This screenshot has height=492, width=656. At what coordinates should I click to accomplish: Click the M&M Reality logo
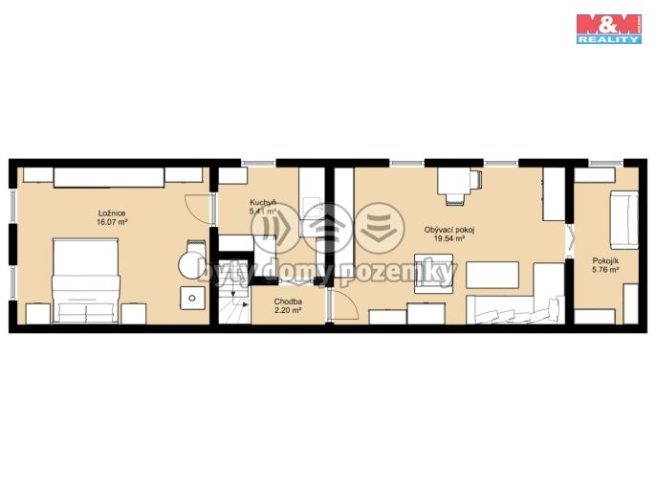609,29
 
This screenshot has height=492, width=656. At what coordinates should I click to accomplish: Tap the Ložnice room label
112,213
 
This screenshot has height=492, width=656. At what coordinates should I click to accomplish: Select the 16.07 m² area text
112,222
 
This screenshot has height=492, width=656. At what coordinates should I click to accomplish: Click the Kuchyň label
263,203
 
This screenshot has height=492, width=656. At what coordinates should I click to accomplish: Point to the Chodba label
288,302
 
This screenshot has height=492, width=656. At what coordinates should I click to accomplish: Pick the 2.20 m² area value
288,310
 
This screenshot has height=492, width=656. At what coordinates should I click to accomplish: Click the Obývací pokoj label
449,230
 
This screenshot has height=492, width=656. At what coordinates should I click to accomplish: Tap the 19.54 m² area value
449,238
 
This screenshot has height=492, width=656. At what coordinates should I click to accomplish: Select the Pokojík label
605,261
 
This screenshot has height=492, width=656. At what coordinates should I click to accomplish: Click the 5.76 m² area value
605,270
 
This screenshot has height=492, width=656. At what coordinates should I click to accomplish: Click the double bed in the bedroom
86,281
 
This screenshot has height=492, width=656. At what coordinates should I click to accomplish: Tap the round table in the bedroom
192,265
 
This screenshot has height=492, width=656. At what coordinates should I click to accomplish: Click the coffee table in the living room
492,275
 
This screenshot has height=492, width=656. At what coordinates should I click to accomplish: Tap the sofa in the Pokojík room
623,220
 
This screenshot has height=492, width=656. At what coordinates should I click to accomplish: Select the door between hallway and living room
344,306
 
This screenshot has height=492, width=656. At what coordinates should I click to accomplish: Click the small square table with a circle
192,298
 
